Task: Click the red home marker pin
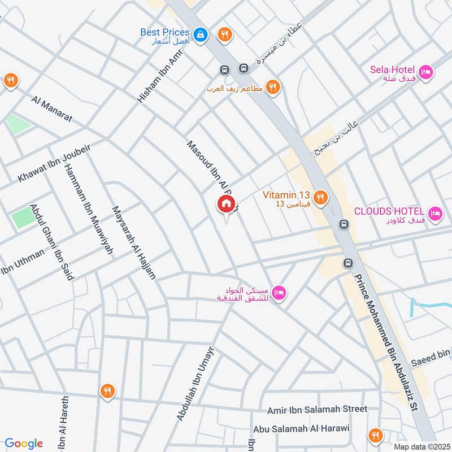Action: [x=226, y=205]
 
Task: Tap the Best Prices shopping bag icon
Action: [x=199, y=35]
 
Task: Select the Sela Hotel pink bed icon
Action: [x=427, y=72]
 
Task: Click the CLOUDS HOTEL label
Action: [x=389, y=211]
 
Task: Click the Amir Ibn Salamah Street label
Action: [x=321, y=408]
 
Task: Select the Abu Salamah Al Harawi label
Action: [x=302, y=429]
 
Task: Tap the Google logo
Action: [x=24, y=444]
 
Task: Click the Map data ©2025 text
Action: [x=421, y=446]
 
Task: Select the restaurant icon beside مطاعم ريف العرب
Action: [x=273, y=87]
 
